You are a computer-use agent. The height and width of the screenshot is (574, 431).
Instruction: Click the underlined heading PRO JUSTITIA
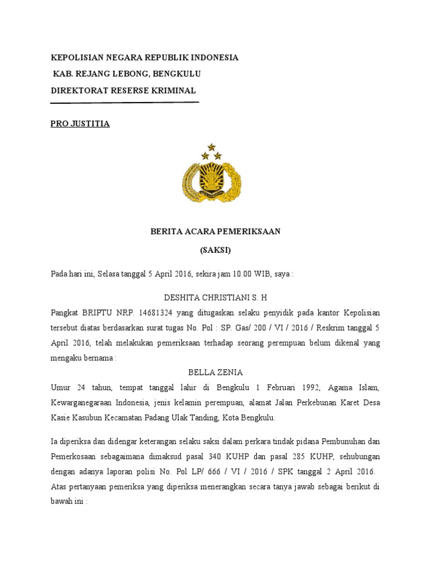[x=80, y=124]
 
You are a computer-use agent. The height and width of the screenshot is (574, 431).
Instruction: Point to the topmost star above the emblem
[x=212, y=147]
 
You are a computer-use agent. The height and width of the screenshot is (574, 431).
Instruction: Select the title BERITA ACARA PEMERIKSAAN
[x=215, y=231]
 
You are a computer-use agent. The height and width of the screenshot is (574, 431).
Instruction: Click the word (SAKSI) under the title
[x=215, y=250]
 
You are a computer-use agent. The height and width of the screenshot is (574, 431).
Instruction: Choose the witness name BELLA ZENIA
[x=215, y=372]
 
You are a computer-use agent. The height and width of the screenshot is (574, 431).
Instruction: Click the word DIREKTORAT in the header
[x=79, y=90]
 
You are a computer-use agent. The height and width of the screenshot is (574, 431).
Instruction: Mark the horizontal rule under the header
[x=125, y=103]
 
